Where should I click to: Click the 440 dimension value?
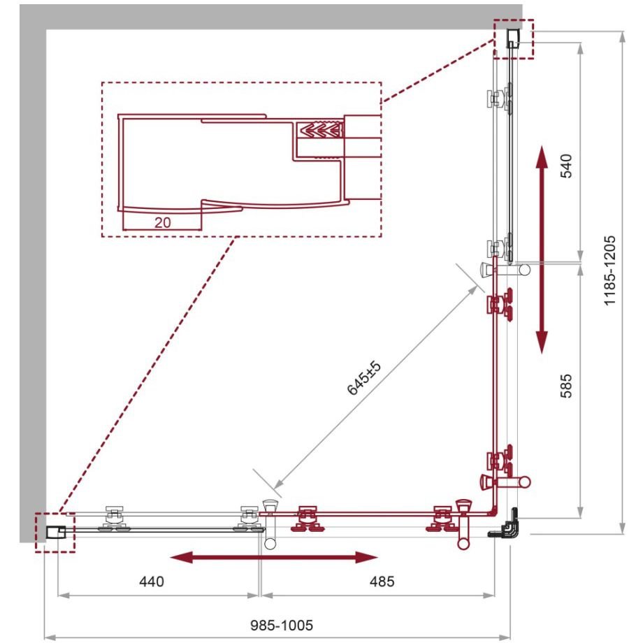152,581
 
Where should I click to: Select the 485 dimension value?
382,581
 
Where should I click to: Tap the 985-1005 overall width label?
281,626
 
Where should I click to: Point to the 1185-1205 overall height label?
610,270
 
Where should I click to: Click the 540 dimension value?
566,166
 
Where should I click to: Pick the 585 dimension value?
566,386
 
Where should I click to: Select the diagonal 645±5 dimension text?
364,377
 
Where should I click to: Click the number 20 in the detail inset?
162,222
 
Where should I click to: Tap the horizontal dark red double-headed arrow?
273,557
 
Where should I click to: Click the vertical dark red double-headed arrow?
542,250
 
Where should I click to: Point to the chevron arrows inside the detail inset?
321,130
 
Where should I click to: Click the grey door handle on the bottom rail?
270,523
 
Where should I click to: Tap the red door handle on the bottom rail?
464,523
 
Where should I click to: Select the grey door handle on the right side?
505,270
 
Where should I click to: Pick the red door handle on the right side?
505,482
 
